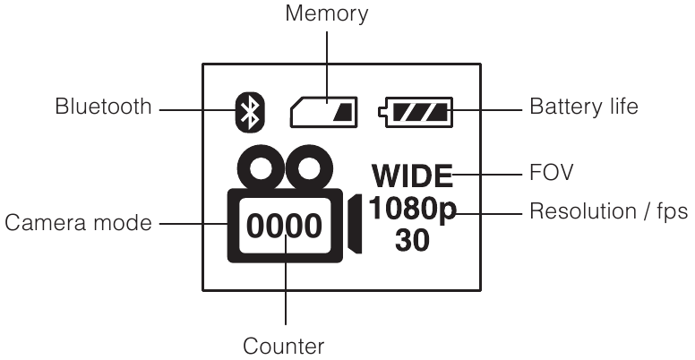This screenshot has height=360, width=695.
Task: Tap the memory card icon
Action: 323,111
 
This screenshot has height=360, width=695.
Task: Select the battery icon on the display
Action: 416,112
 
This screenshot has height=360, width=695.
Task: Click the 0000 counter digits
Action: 283,226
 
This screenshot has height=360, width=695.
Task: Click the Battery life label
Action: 584,108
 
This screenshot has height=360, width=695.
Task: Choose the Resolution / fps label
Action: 609,212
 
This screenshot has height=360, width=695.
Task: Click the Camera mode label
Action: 78,223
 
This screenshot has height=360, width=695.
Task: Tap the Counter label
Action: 285,344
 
